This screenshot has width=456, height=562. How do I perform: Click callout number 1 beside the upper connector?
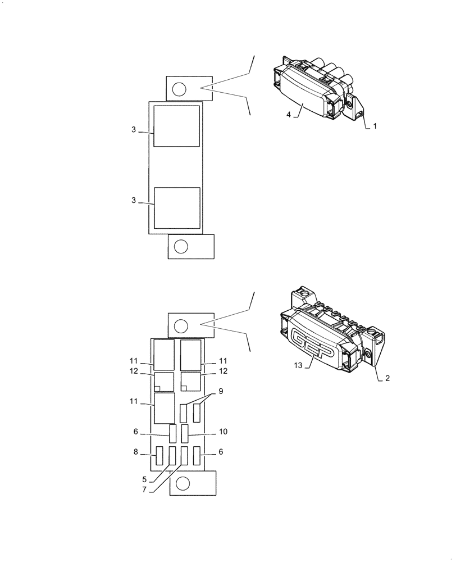(x=375, y=126)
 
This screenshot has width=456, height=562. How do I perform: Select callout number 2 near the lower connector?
(x=387, y=378)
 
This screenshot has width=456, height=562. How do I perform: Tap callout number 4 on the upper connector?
(x=289, y=115)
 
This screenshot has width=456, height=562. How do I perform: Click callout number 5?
(x=144, y=479)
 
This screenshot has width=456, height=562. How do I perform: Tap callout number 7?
(x=144, y=490)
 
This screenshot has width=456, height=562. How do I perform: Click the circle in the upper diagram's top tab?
(x=179, y=89)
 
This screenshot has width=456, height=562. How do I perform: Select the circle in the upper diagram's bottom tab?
(x=181, y=246)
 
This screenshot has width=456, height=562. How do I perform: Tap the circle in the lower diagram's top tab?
(x=181, y=326)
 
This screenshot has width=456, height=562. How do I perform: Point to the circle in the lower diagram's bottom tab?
(x=183, y=483)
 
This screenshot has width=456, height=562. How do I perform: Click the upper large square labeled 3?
(x=176, y=126)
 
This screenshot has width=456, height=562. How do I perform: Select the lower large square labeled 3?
(x=177, y=208)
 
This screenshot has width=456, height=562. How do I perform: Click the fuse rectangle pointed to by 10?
(x=185, y=434)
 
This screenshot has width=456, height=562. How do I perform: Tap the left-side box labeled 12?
(x=163, y=382)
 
